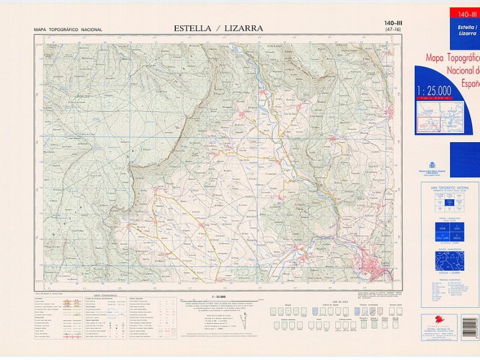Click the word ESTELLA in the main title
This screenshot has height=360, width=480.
click(193, 28)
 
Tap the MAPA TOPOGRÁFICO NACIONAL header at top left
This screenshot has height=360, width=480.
click(68, 29)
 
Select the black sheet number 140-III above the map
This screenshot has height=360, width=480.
click(393, 23)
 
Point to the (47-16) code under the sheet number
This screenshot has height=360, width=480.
click(393, 30)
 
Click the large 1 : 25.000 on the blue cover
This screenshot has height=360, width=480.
click(434, 91)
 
